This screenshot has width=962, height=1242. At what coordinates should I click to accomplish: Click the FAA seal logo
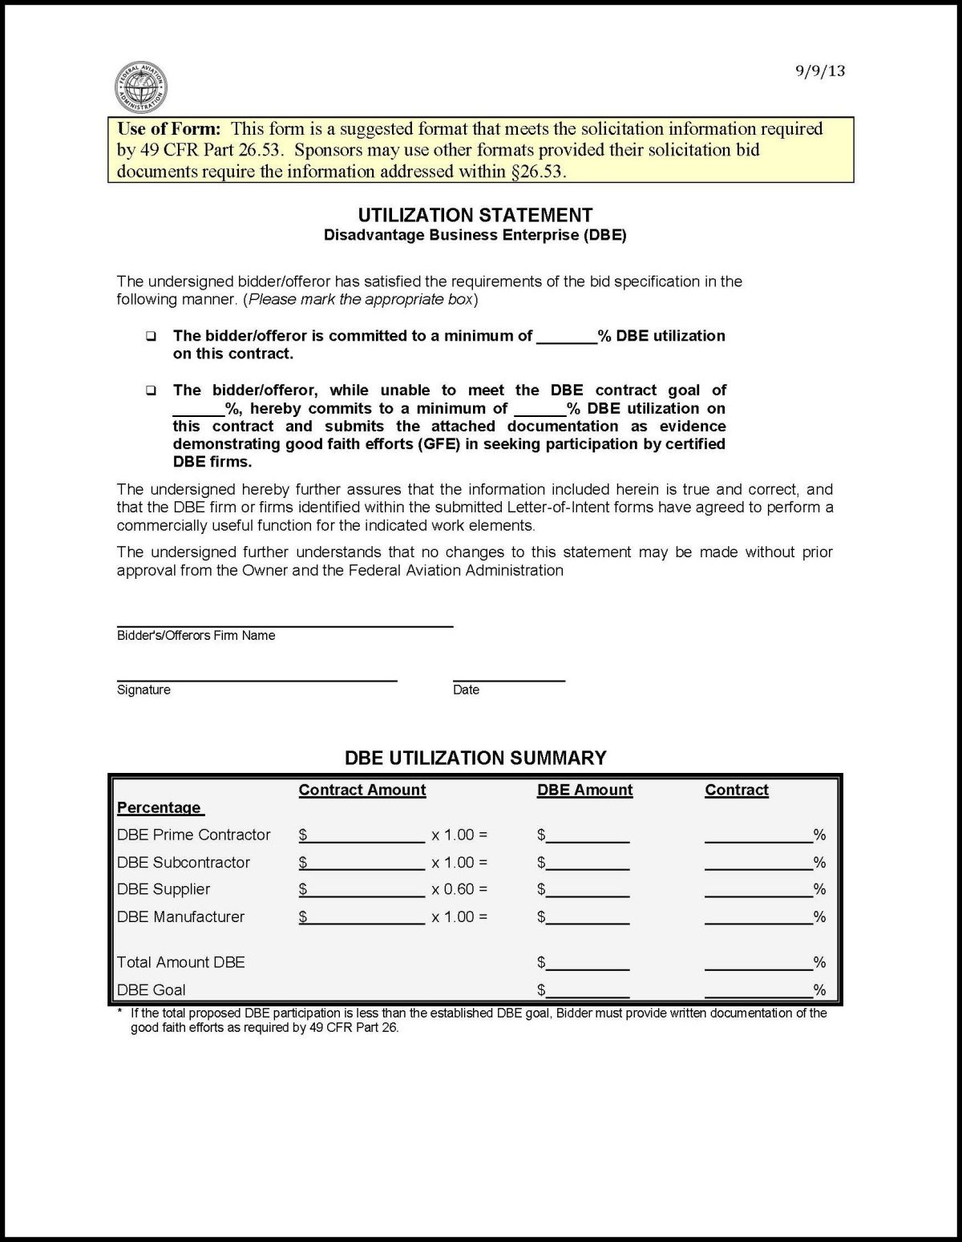point(140,87)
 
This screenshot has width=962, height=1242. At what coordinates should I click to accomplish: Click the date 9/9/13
point(820,71)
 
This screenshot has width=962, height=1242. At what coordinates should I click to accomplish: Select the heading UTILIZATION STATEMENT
point(475,215)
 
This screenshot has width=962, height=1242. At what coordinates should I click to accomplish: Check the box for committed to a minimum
point(151,337)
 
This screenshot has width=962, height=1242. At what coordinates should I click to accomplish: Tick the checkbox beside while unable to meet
point(151,391)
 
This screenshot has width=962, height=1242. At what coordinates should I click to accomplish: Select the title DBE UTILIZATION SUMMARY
point(475,758)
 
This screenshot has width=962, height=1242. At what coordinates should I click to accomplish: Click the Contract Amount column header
point(362,790)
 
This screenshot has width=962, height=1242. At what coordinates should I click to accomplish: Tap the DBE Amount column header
point(584,790)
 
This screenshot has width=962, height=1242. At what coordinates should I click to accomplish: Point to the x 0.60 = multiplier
point(459,889)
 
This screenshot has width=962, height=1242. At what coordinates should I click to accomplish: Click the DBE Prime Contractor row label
point(194,835)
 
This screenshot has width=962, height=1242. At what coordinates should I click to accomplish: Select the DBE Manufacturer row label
point(181,916)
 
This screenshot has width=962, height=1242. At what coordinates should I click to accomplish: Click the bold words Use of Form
point(168,129)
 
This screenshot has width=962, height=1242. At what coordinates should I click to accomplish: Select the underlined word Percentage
point(159,807)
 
